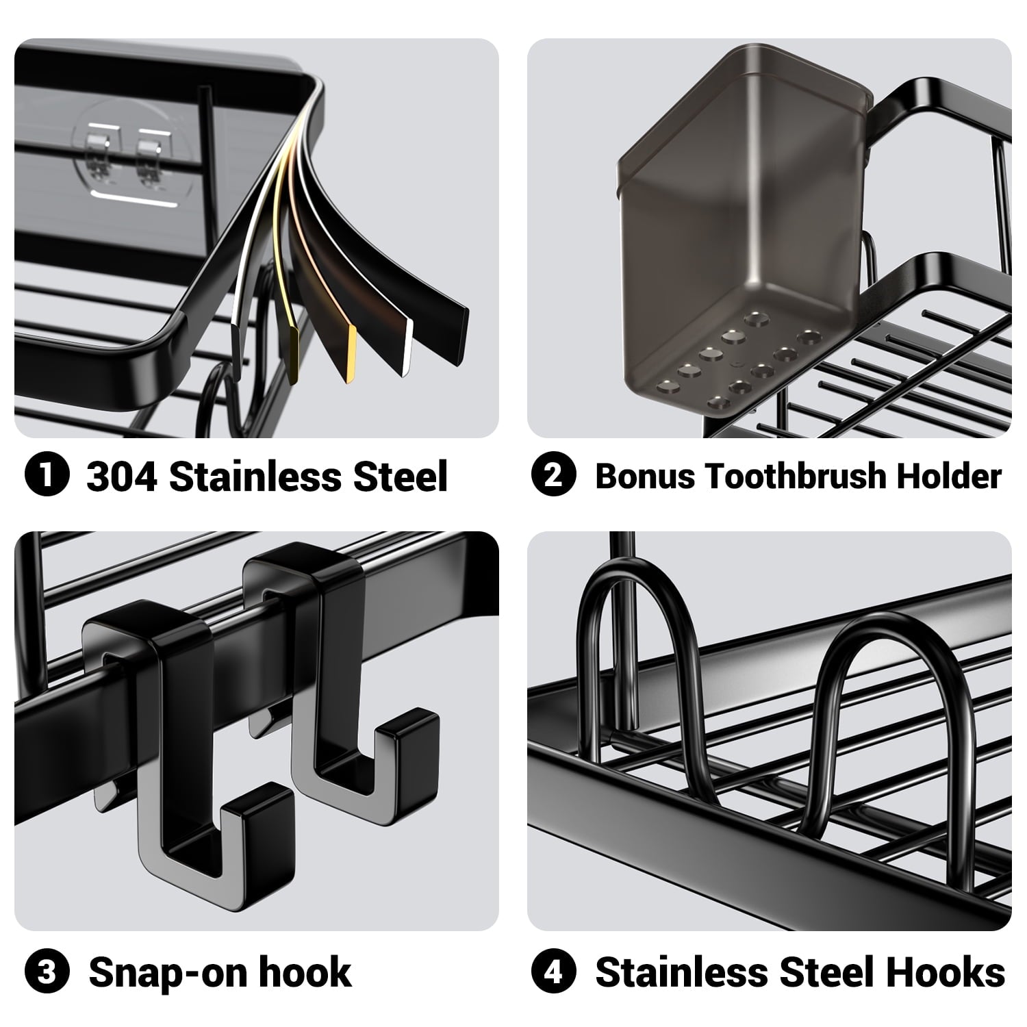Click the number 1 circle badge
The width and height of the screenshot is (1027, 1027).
point(47,476)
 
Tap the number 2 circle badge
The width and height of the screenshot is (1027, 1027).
point(553,476)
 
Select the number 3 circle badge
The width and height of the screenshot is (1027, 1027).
point(47,972)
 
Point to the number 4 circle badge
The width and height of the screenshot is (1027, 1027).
point(553,972)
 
